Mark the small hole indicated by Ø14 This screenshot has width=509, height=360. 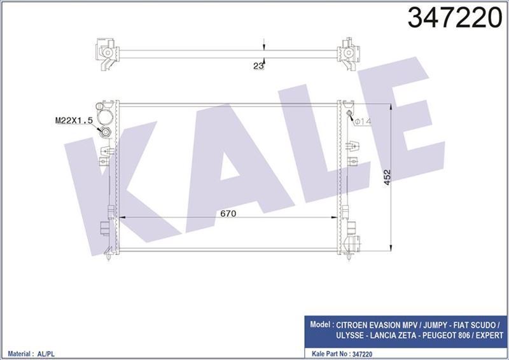pos(349,114)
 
